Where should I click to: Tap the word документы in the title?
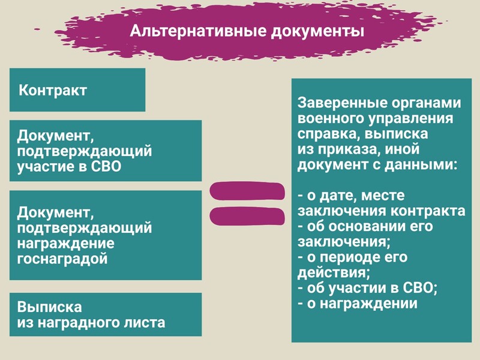pyautogui.click(x=318, y=32)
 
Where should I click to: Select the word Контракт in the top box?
pyautogui.click(x=53, y=91)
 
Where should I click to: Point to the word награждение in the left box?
pyautogui.click(x=66, y=244)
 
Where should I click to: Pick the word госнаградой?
pyautogui.click(x=62, y=259)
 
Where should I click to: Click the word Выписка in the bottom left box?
pyautogui.click(x=50, y=307)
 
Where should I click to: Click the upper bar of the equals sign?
pyautogui.click(x=247, y=191)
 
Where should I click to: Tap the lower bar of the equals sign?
pyautogui.click(x=247, y=217)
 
